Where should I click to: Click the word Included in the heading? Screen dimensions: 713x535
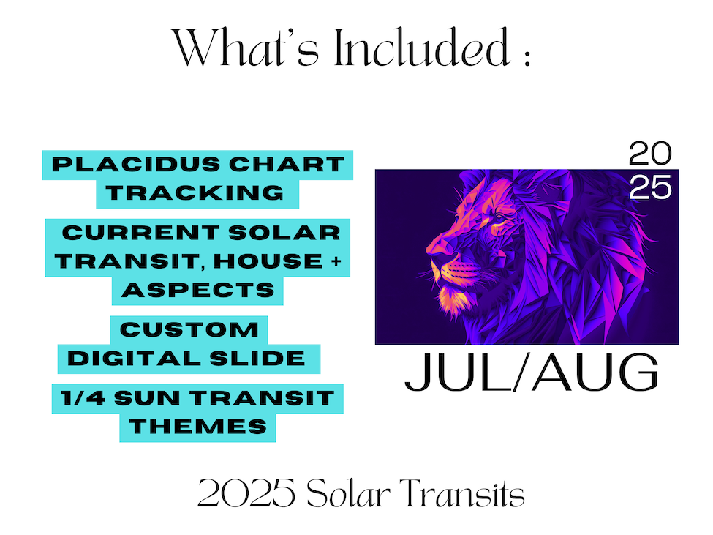[423, 48]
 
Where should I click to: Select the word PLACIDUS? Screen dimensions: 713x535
[136, 164]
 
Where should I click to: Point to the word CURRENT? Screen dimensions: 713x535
[141, 233]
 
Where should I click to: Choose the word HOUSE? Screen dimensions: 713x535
[268, 261]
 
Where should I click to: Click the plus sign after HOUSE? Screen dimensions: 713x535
[336, 261]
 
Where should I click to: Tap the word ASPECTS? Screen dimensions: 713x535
[198, 290]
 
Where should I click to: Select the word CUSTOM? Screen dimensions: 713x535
[189, 329]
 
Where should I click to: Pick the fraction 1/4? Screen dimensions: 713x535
[83, 398]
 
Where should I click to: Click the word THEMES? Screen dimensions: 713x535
[197, 427]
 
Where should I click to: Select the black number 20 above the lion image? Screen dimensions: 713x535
[650, 154]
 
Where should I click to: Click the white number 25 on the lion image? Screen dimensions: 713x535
[651, 188]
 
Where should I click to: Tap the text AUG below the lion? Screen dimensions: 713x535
[596, 372]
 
